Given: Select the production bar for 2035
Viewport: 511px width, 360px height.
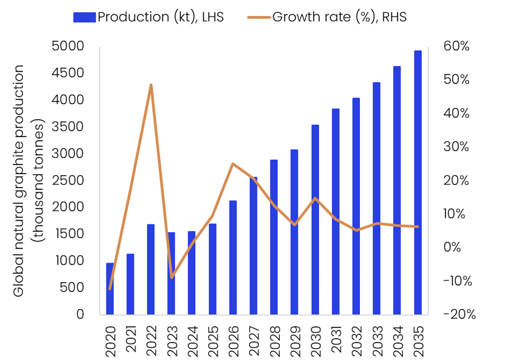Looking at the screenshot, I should click(418, 183).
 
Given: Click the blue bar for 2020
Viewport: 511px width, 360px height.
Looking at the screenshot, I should click(110, 289).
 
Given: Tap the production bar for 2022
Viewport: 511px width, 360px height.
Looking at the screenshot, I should click(151, 269).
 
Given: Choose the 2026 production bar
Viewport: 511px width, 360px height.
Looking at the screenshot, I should click(233, 258).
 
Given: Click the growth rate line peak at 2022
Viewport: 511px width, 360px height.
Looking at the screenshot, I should click(151, 85).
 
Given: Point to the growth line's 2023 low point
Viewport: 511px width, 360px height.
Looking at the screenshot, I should click(172, 278).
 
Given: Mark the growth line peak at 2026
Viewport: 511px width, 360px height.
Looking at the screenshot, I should click(233, 163).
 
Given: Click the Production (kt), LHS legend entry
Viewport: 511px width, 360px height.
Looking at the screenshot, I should click(148, 17).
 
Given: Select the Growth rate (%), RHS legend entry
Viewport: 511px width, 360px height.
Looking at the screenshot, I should click(327, 17).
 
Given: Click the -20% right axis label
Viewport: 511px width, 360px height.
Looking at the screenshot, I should click(458, 315).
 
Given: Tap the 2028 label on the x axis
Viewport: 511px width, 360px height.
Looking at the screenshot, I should click(274, 338).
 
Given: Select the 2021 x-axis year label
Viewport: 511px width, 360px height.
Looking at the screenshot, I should click(131, 338).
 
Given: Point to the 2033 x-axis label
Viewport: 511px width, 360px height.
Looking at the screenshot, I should click(377, 338).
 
